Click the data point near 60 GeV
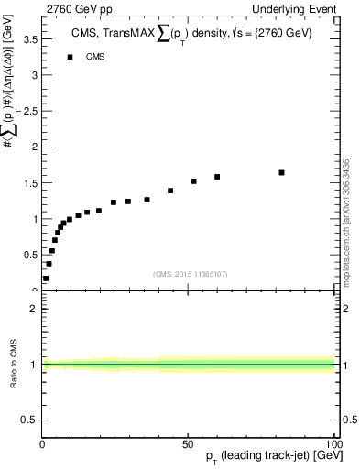[x=217, y=177]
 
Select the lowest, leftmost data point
[x=46, y=278]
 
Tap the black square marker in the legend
[x=70, y=57]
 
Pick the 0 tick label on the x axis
[x=42, y=444]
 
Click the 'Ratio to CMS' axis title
[x=14, y=363]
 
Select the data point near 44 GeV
[x=170, y=191]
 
